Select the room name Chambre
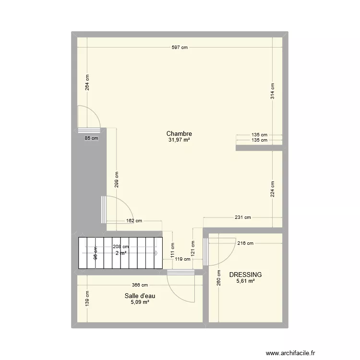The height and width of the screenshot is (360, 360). [x=180, y=133]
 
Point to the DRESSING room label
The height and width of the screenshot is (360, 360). [x=245, y=275]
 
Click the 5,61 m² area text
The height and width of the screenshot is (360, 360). [x=245, y=281]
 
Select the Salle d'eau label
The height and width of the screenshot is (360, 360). [x=140, y=296]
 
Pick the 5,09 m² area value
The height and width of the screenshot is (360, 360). [x=140, y=302]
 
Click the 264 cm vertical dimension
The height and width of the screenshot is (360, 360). [x=87, y=83]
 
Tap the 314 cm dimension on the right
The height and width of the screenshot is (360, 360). [x=273, y=91]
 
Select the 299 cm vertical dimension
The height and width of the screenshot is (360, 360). [x=117, y=179]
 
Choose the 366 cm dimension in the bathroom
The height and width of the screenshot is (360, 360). [x=140, y=285]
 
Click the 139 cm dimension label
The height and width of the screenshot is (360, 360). [x=87, y=299]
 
